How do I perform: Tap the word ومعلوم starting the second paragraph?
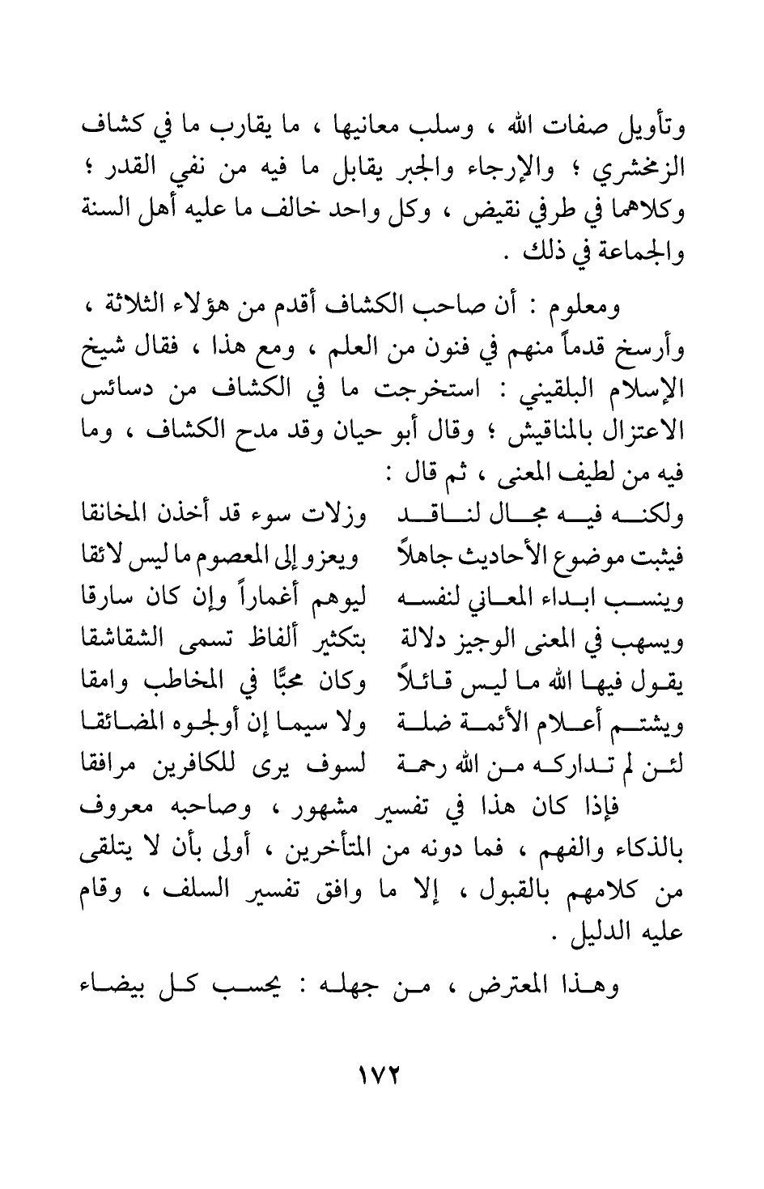(x=639, y=307)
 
